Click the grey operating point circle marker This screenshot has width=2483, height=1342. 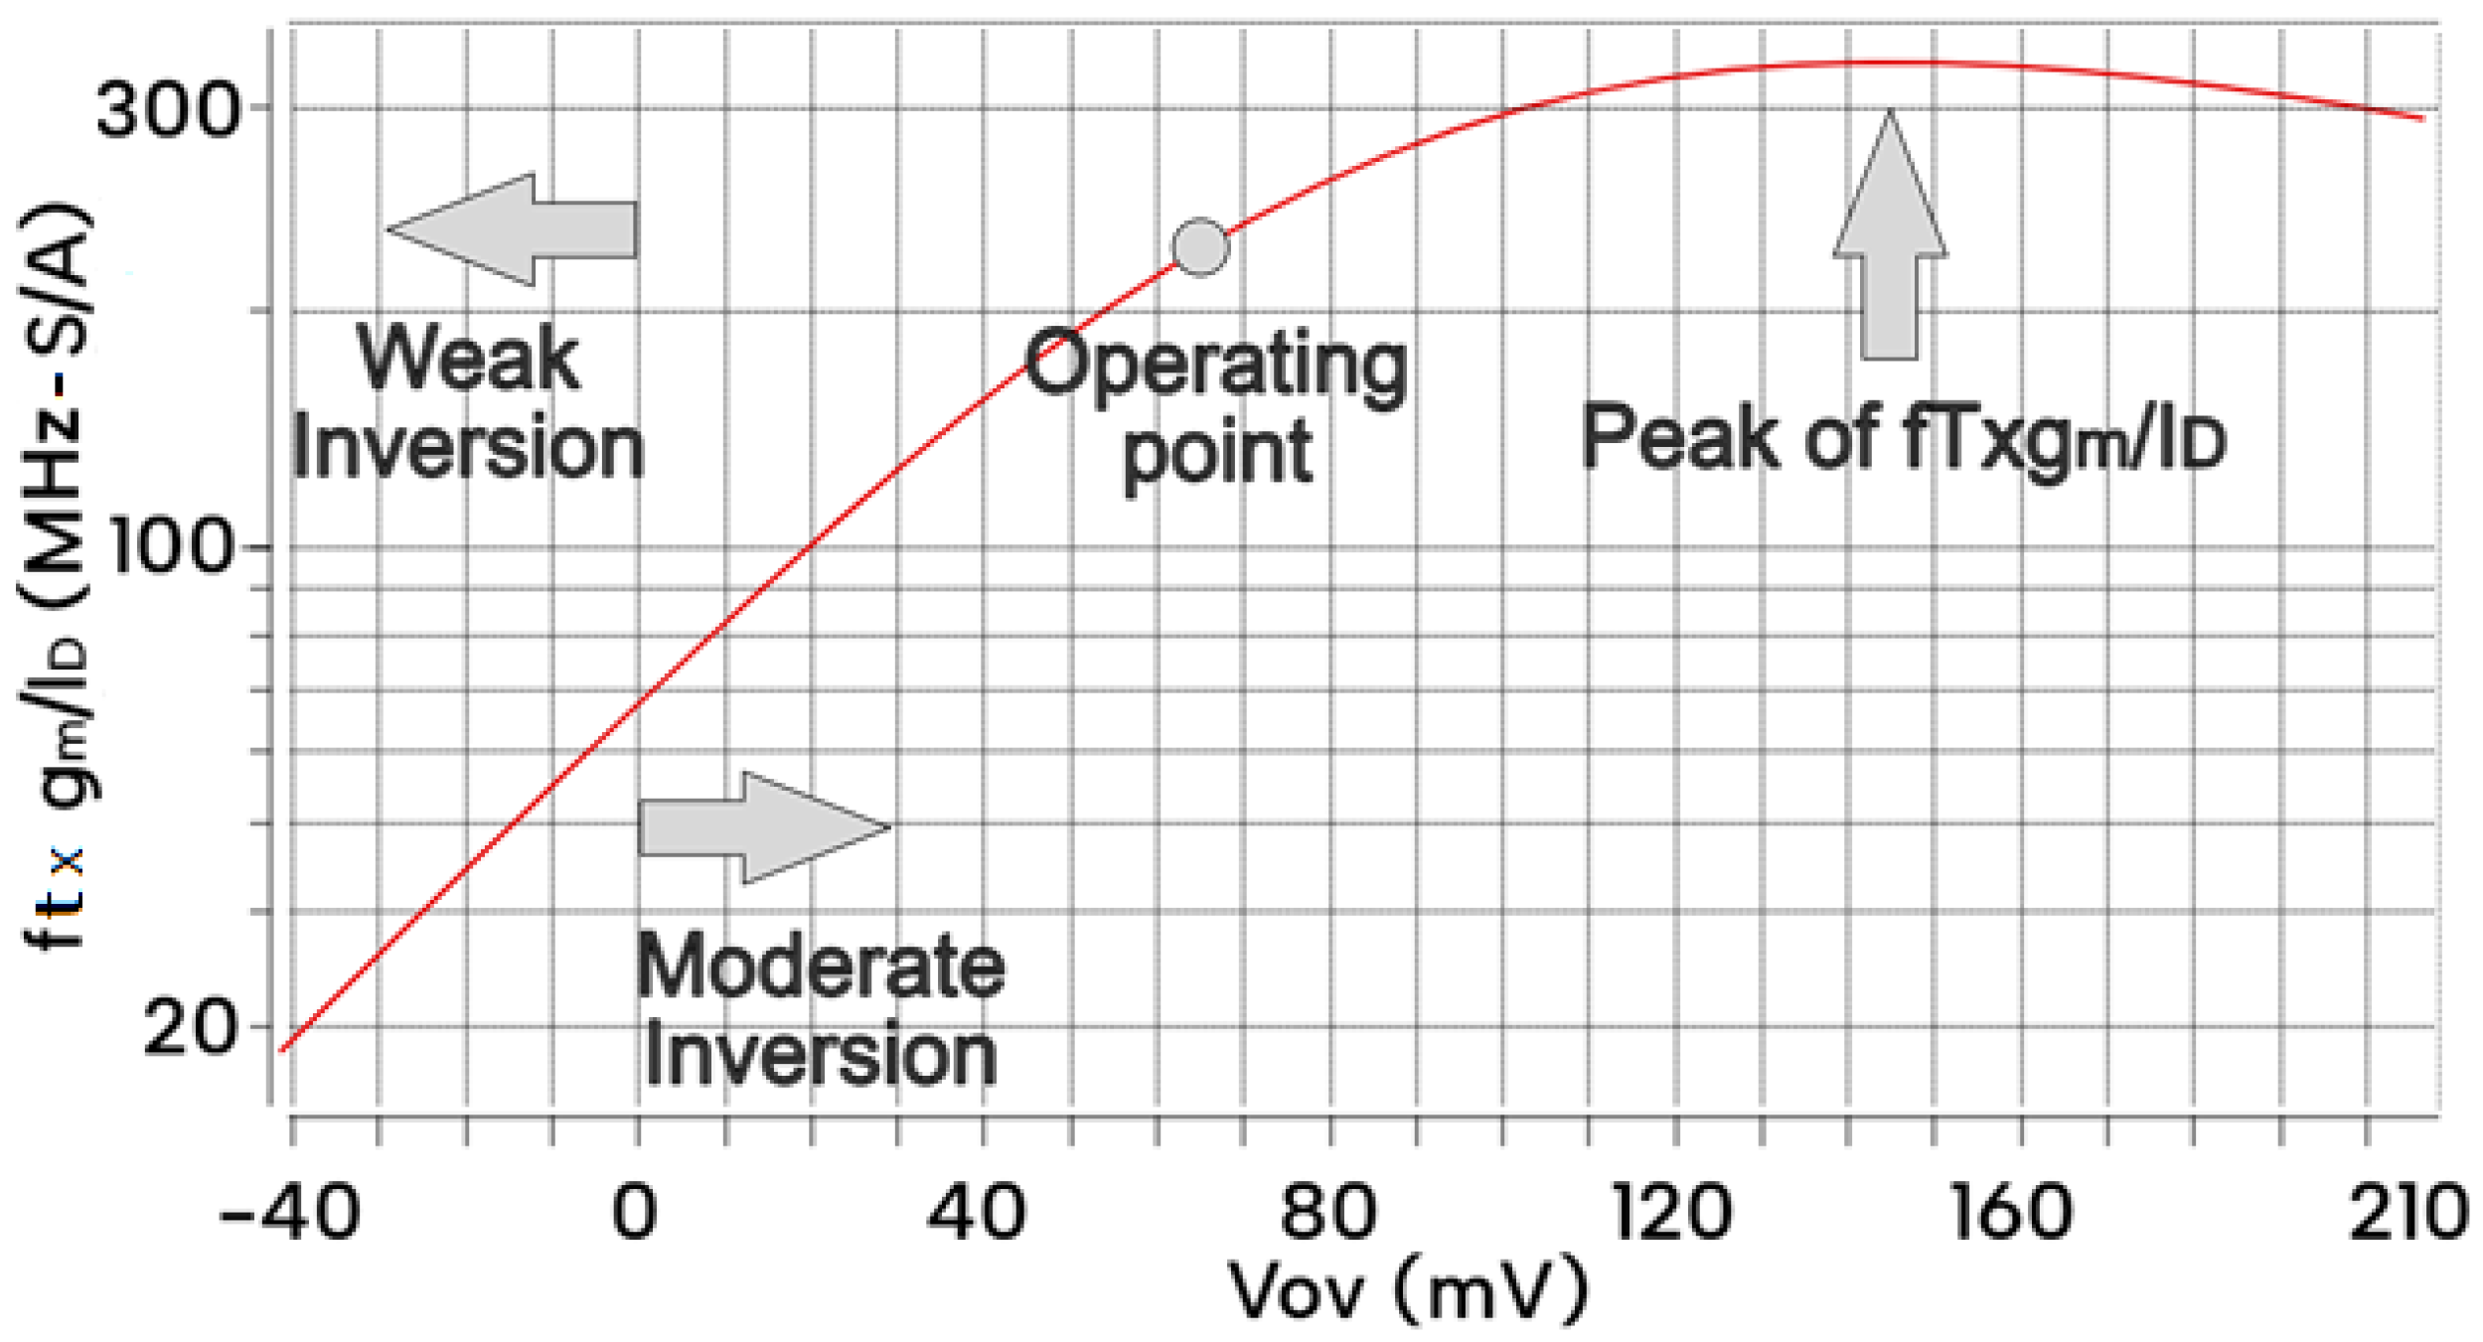click(1200, 246)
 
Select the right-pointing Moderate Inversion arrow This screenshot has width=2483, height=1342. click(763, 827)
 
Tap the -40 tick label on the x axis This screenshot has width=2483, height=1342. click(288, 1213)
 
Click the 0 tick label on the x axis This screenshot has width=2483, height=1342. click(634, 1213)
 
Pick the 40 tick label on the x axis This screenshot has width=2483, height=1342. click(977, 1213)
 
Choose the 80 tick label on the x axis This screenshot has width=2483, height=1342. click(1328, 1213)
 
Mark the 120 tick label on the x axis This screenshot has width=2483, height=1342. click(1672, 1213)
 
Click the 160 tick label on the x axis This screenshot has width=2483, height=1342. click(2012, 1213)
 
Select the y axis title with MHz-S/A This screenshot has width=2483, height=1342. click(57, 576)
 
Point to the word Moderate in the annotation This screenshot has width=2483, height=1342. click(820, 966)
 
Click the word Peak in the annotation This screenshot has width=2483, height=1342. click(1679, 437)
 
